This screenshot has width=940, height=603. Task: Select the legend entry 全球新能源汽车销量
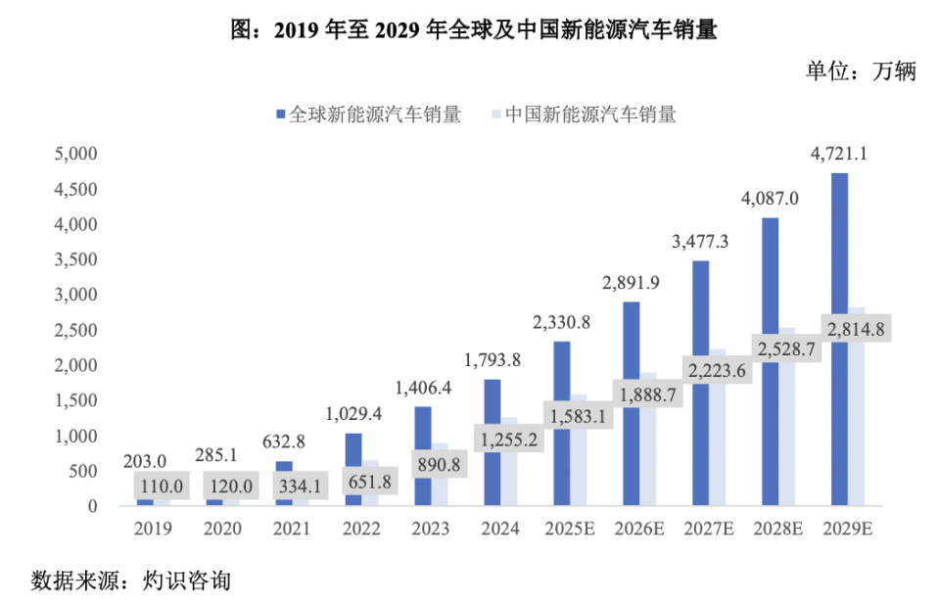click(368, 115)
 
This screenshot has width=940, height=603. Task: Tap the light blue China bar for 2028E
click(787, 431)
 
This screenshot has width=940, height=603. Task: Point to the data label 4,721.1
click(840, 154)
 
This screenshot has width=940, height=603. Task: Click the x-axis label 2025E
click(571, 529)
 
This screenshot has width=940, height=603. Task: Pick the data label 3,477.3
click(701, 242)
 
